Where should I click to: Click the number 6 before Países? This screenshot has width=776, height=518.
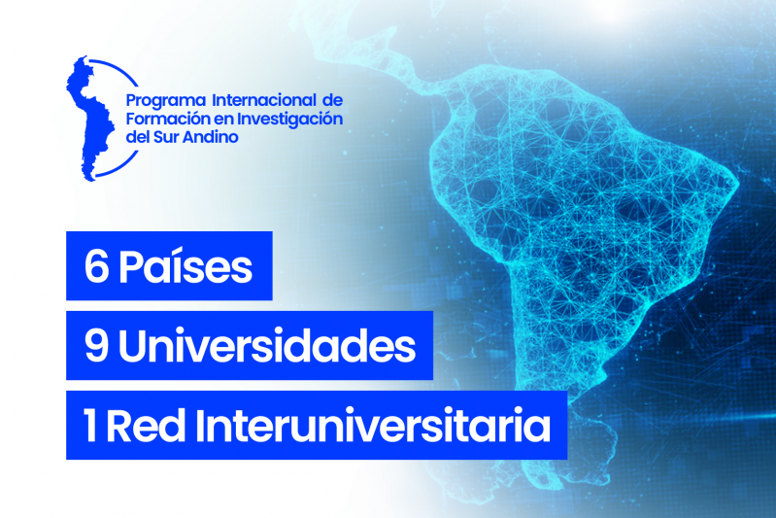coord(96,268)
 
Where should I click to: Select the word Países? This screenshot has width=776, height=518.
coord(185,268)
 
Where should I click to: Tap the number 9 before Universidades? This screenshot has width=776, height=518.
coord(96,347)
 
